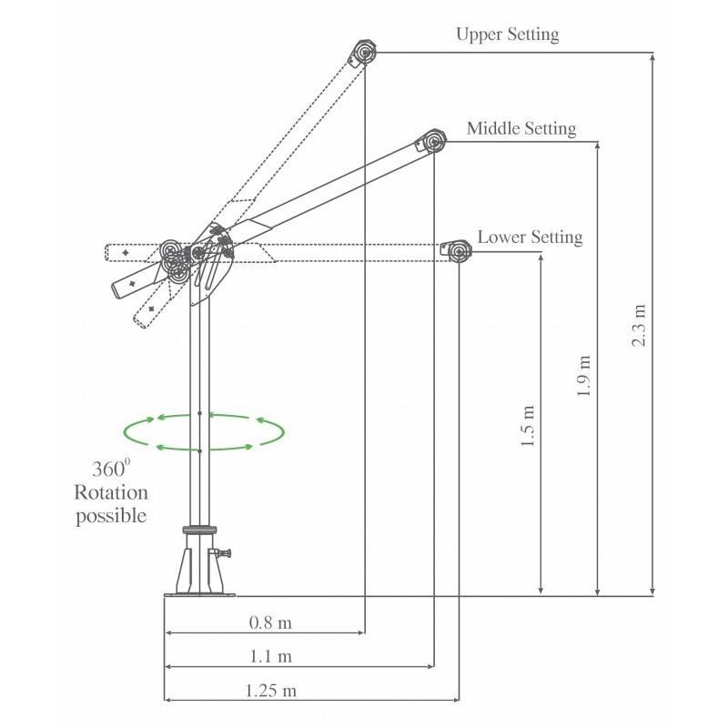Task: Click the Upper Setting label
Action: (507, 35)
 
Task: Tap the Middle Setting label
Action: (521, 128)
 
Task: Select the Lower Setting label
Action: (530, 238)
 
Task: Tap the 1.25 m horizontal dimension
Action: (270, 690)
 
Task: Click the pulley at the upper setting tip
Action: (363, 53)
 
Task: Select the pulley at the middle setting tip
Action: (431, 142)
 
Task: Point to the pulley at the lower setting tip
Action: (455, 249)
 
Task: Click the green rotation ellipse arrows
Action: (204, 431)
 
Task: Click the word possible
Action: (113, 516)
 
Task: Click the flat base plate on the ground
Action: (198, 595)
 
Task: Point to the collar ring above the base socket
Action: (198, 529)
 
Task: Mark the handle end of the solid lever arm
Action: (122, 288)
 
